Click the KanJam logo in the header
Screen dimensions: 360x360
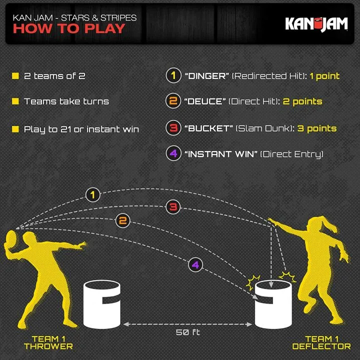click(316, 23)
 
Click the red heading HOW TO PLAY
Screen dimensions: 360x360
click(69, 28)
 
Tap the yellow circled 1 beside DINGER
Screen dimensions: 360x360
click(172, 76)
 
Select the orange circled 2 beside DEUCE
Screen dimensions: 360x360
click(172, 101)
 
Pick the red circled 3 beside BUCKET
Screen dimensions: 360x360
click(172, 128)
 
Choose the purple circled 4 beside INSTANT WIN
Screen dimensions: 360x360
click(172, 154)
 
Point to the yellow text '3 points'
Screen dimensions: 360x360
click(317, 128)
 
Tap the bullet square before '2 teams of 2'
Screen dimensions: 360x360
click(15, 76)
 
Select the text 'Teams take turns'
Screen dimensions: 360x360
click(66, 101)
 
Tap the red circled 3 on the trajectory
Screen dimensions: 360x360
click(173, 206)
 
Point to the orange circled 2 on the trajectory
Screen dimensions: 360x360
click(123, 220)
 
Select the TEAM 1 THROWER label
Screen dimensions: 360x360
click(48, 342)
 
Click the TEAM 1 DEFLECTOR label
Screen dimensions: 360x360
click(321, 342)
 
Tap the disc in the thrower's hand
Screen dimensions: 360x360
click(10, 238)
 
